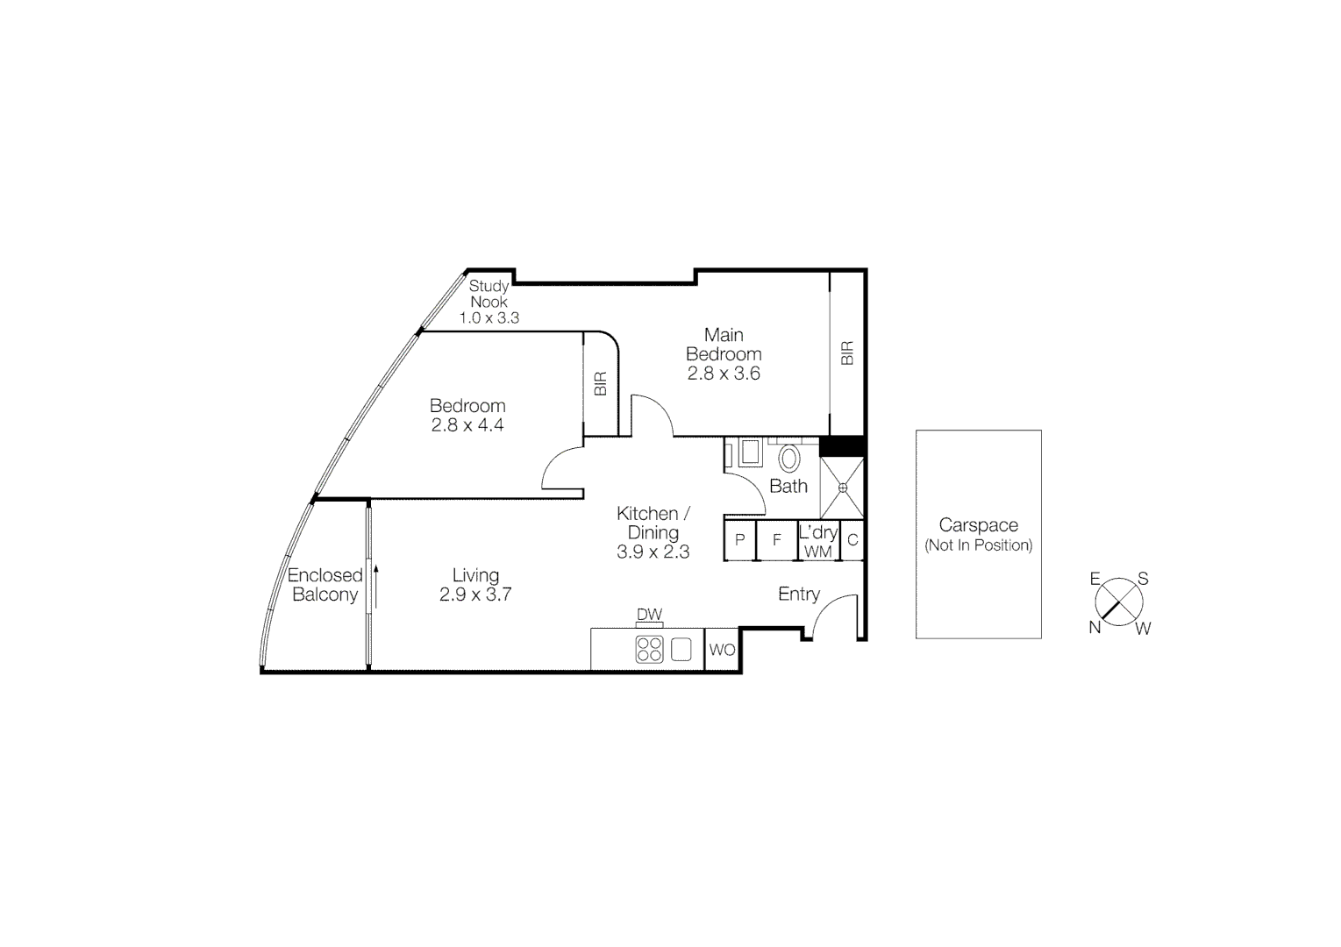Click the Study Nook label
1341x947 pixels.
coord(489,294)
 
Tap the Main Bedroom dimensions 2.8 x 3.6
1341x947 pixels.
coord(724,374)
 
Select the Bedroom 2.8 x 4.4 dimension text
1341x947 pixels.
coord(467,425)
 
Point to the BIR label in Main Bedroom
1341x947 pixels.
coord(847,353)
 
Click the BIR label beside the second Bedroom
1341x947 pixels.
coord(601,384)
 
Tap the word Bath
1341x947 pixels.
coord(788,486)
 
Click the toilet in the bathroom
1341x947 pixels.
coord(788,458)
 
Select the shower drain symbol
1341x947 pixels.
coord(842,488)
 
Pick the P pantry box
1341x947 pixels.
coord(739,540)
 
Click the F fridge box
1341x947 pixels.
coord(776,540)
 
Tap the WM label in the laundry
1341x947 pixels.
coord(817,552)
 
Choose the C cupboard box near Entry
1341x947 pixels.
coord(852,540)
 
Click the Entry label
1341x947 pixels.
coord(799,594)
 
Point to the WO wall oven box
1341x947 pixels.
coord(722,650)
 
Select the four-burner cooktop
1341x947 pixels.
coord(650,649)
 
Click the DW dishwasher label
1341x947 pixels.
coord(649,615)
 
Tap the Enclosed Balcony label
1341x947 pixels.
coord(325,585)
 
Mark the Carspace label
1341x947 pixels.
coord(978,525)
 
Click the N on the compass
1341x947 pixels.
coord(1095,627)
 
